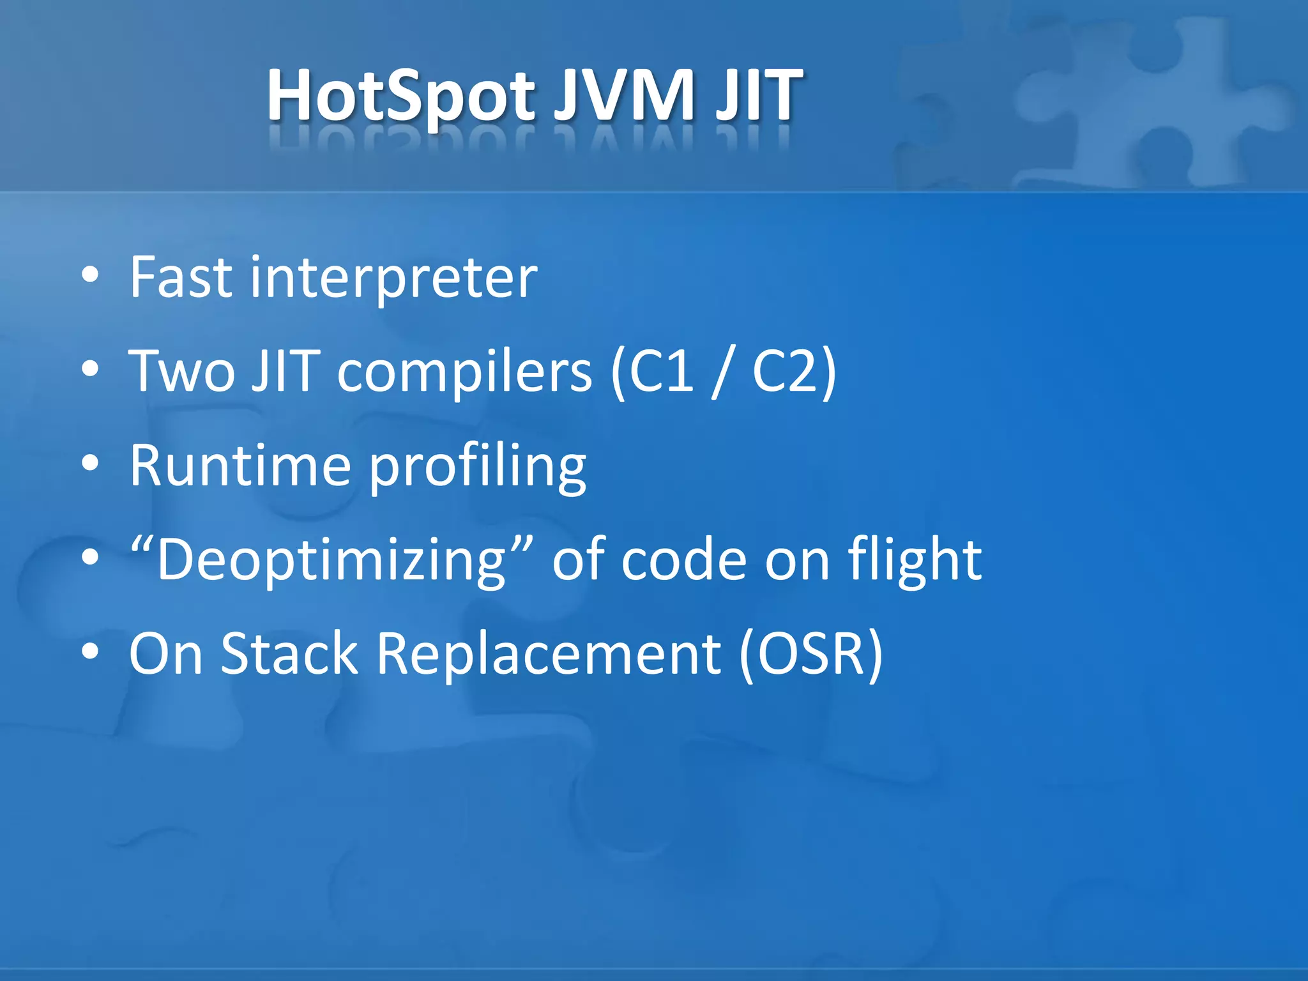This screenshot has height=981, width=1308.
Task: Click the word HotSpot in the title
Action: [400, 96]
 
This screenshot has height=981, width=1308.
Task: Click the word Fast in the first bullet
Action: [181, 277]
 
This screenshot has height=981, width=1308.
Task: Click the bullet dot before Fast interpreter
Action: [91, 275]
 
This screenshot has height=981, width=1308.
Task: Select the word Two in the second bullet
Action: [182, 372]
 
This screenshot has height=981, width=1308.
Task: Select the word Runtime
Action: [240, 466]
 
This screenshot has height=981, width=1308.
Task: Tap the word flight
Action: [915, 560]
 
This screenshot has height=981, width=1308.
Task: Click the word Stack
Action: [289, 653]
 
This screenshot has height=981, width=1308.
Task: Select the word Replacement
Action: [549, 653]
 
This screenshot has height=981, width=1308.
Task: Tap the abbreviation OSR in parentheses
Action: [811, 653]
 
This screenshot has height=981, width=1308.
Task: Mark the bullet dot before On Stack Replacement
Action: [91, 651]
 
